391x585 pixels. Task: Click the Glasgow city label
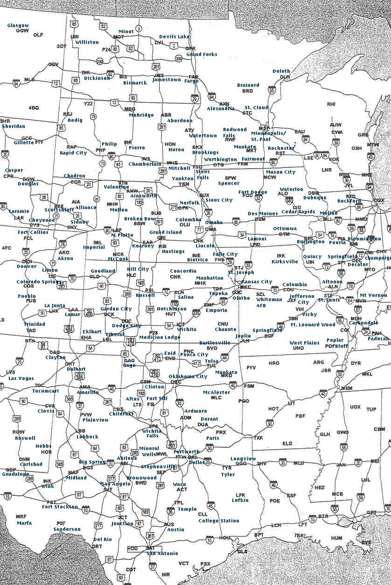pos(18,25)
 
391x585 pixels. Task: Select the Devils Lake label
pos(174,36)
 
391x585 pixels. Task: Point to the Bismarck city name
pos(135,83)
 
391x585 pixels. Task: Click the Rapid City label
pos(73,153)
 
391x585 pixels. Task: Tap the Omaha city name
pos(214,222)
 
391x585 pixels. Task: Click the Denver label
pos(26,267)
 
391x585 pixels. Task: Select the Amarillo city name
pos(88,393)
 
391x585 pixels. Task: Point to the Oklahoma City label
pos(188,376)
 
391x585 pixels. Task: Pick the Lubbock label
pos(87,437)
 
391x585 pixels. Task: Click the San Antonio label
pos(162,553)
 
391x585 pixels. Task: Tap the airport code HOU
pos(225,538)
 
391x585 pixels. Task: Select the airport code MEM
pos(347,388)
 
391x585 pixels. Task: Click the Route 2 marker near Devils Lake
pos(174,46)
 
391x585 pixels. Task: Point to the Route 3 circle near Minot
pos(139,28)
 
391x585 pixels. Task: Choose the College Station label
pos(218,521)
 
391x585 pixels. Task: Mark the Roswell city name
pos(25,438)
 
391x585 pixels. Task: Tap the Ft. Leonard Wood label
pos(313,324)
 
